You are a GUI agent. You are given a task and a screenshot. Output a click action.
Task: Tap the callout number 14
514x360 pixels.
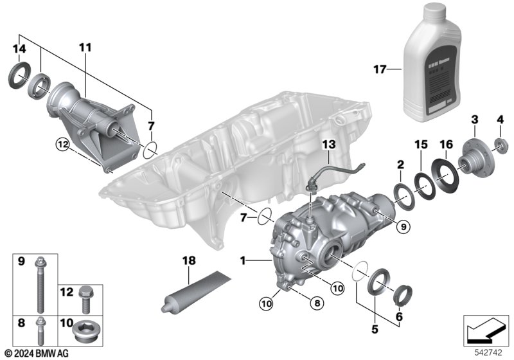[x=20, y=49]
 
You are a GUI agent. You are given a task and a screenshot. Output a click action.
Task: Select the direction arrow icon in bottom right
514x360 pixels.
[x=481, y=331]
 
